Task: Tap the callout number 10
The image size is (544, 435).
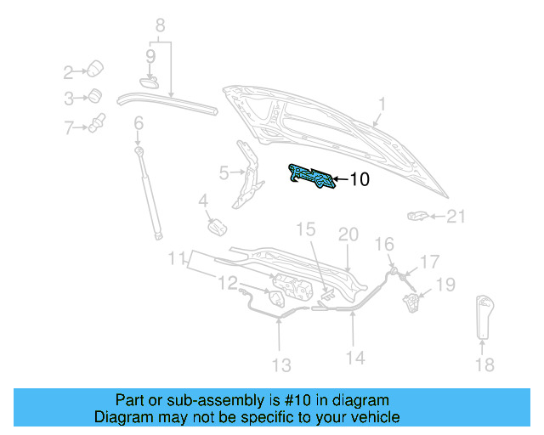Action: click(360, 179)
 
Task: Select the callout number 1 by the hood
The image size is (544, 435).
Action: click(382, 105)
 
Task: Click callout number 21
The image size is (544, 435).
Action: click(456, 217)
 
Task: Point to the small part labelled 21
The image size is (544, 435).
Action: click(418, 215)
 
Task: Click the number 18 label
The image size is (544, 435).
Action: click(484, 365)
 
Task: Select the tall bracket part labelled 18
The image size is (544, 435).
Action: click(485, 315)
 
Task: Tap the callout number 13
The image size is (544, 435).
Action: click(281, 365)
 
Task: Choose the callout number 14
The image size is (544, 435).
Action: click(355, 359)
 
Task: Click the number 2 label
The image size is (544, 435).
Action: click(69, 71)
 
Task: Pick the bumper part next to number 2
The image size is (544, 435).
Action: click(96, 67)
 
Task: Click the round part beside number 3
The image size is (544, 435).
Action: click(96, 95)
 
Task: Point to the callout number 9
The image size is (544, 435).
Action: click(150, 57)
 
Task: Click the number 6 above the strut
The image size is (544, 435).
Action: click(139, 124)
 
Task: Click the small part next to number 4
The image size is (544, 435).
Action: click(217, 228)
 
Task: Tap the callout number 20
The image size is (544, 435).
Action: click(348, 234)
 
